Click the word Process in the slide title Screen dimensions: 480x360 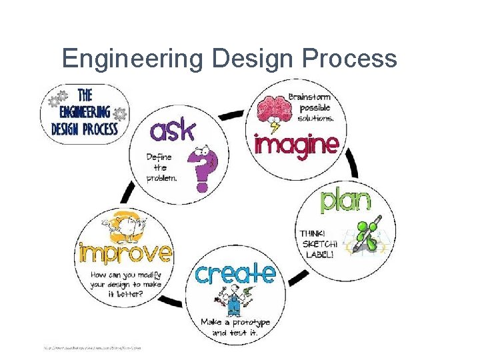(x=350, y=59)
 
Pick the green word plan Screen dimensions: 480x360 (x=346, y=200)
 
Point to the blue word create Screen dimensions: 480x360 (x=235, y=273)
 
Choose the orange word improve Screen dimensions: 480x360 (x=125, y=253)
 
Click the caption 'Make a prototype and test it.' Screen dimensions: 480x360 (x=235, y=327)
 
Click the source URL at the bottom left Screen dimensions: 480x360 (x=93, y=347)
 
